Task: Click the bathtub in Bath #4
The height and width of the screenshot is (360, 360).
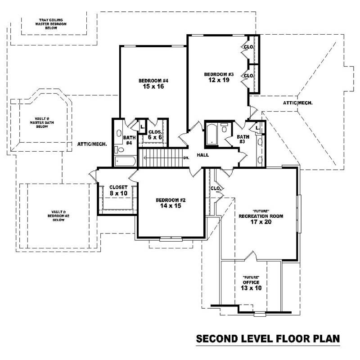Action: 125,161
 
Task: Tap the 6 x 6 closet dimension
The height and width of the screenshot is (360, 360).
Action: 155,137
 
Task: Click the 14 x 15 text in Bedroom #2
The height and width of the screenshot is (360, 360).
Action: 168,206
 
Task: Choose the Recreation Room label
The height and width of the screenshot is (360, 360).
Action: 261,216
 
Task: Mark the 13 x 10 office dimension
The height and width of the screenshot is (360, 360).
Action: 251,288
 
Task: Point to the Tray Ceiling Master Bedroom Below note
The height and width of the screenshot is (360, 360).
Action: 50,23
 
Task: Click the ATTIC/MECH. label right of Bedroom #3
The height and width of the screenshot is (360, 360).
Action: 297,103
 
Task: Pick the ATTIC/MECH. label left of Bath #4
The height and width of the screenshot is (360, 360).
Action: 92,144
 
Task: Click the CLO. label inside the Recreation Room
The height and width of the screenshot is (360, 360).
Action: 215,188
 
